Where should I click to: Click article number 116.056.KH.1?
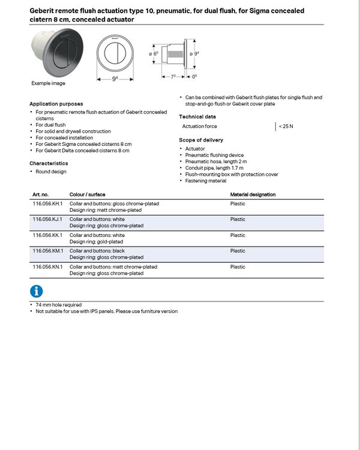[x=47, y=203]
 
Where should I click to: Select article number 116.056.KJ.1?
[x=47, y=220]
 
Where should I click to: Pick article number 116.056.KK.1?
[x=47, y=235]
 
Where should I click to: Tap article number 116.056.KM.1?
[x=47, y=251]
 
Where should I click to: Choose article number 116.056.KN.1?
[x=47, y=266]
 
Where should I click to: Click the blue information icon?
[x=37, y=291]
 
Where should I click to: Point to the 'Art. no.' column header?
[x=41, y=195]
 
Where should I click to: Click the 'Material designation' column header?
[x=253, y=195]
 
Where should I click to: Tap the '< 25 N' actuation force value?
[x=286, y=127]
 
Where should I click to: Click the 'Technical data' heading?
[x=197, y=116]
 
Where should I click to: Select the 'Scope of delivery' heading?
[x=201, y=140]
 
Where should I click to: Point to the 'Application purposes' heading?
[x=56, y=104]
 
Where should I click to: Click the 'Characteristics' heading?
[x=49, y=163]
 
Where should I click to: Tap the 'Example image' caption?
[x=48, y=83]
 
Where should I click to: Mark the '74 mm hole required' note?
[x=59, y=305]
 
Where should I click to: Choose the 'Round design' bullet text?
[x=51, y=172]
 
